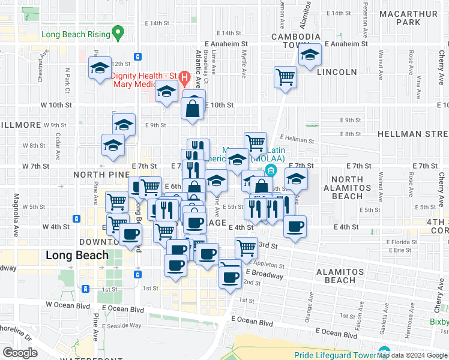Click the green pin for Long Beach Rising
[118, 32]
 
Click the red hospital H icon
[185, 77]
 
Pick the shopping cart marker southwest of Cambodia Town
[285, 77]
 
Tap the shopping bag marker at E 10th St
[193, 109]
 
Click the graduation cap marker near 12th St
[100, 68]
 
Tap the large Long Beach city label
[77, 255]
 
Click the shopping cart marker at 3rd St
[246, 247]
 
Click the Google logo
[20, 352]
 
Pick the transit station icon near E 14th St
[138, 57]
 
